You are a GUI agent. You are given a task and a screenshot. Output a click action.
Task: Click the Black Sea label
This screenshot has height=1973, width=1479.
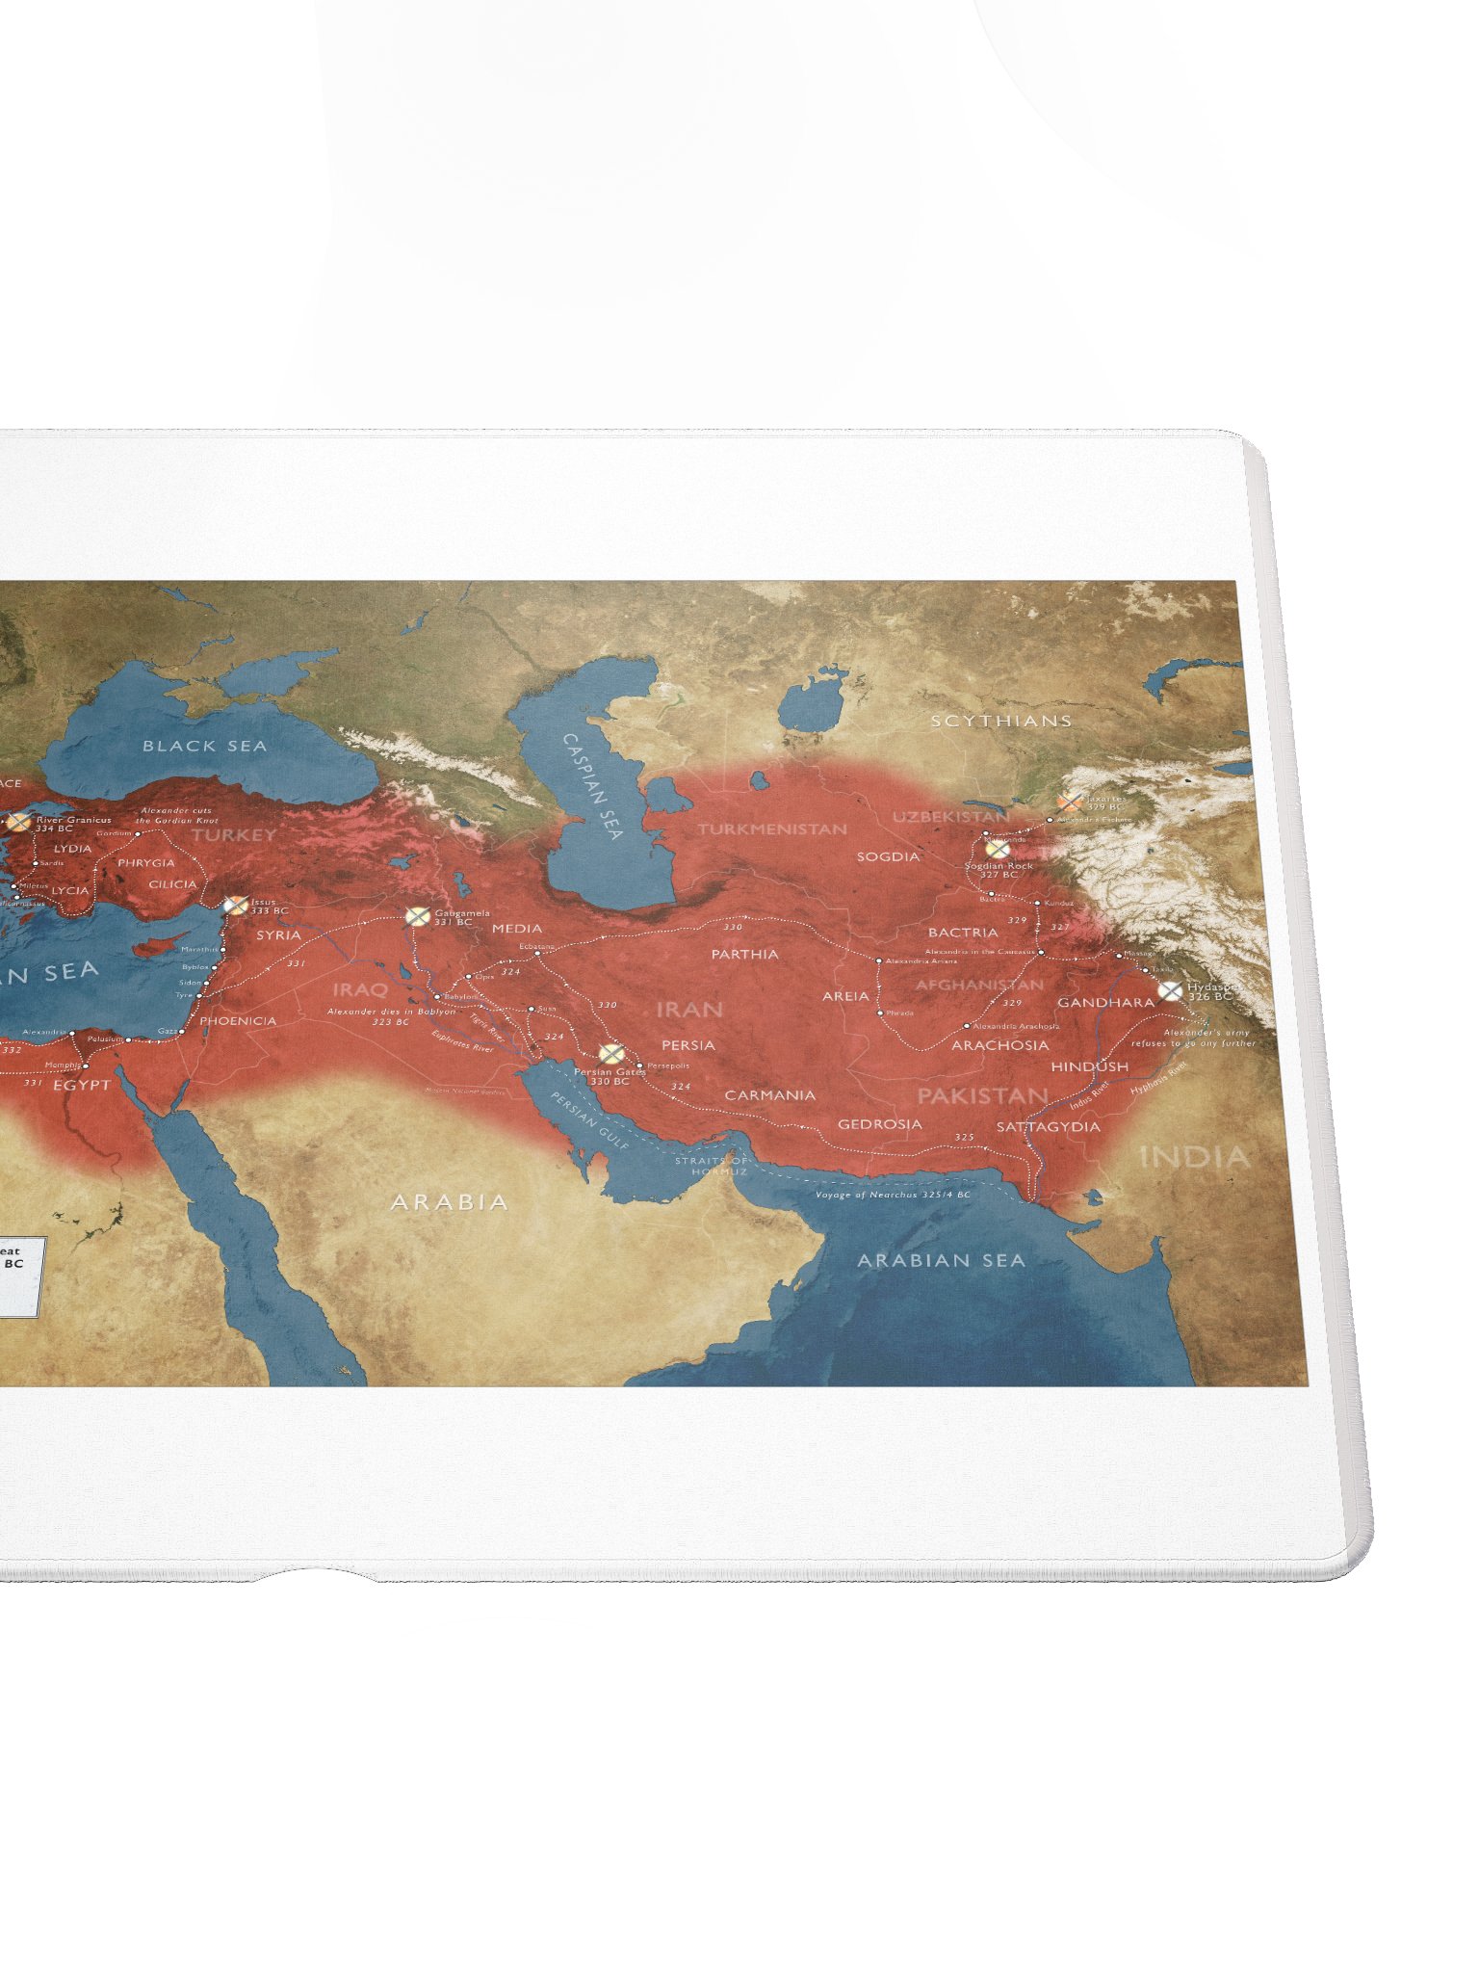tap(204, 746)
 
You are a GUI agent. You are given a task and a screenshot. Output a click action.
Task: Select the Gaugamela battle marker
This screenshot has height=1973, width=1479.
tap(416, 916)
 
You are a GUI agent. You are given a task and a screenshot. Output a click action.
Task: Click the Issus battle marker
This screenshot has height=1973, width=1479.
tap(235, 906)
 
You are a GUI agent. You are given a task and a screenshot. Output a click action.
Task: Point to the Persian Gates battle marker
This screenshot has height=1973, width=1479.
tap(610, 1053)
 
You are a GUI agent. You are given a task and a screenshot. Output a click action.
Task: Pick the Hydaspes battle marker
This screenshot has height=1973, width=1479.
tap(1170, 990)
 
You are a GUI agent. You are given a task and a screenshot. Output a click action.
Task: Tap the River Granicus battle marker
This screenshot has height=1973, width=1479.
tap(18, 822)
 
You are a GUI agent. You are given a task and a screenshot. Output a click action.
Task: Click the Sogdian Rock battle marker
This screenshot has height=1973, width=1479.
tap(999, 850)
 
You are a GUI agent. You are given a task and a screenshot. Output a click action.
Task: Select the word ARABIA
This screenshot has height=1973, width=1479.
tap(449, 1201)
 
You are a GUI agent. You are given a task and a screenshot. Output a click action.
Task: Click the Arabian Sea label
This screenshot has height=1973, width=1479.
tap(941, 1260)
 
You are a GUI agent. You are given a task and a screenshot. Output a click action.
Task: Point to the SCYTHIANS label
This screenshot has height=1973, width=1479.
tap(1000, 721)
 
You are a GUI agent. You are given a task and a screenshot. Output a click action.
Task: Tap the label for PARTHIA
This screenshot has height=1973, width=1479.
tap(744, 954)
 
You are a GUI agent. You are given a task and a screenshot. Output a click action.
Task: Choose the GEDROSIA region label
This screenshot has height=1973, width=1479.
tap(879, 1124)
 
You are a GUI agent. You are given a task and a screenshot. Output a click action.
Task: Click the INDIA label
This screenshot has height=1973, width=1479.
tap(1194, 1156)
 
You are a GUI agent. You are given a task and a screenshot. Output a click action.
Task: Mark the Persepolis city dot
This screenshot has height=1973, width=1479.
tap(640, 1065)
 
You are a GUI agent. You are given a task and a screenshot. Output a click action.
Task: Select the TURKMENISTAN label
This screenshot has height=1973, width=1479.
tap(772, 829)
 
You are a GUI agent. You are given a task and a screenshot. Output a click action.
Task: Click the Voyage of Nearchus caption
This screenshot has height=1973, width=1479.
tap(893, 1195)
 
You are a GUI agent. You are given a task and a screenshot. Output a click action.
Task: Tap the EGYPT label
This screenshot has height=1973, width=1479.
tap(82, 1085)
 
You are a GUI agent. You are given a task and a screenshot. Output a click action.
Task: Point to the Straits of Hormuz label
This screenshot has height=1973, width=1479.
tap(712, 1166)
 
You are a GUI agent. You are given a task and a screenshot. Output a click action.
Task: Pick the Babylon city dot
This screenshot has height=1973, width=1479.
tap(437, 996)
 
